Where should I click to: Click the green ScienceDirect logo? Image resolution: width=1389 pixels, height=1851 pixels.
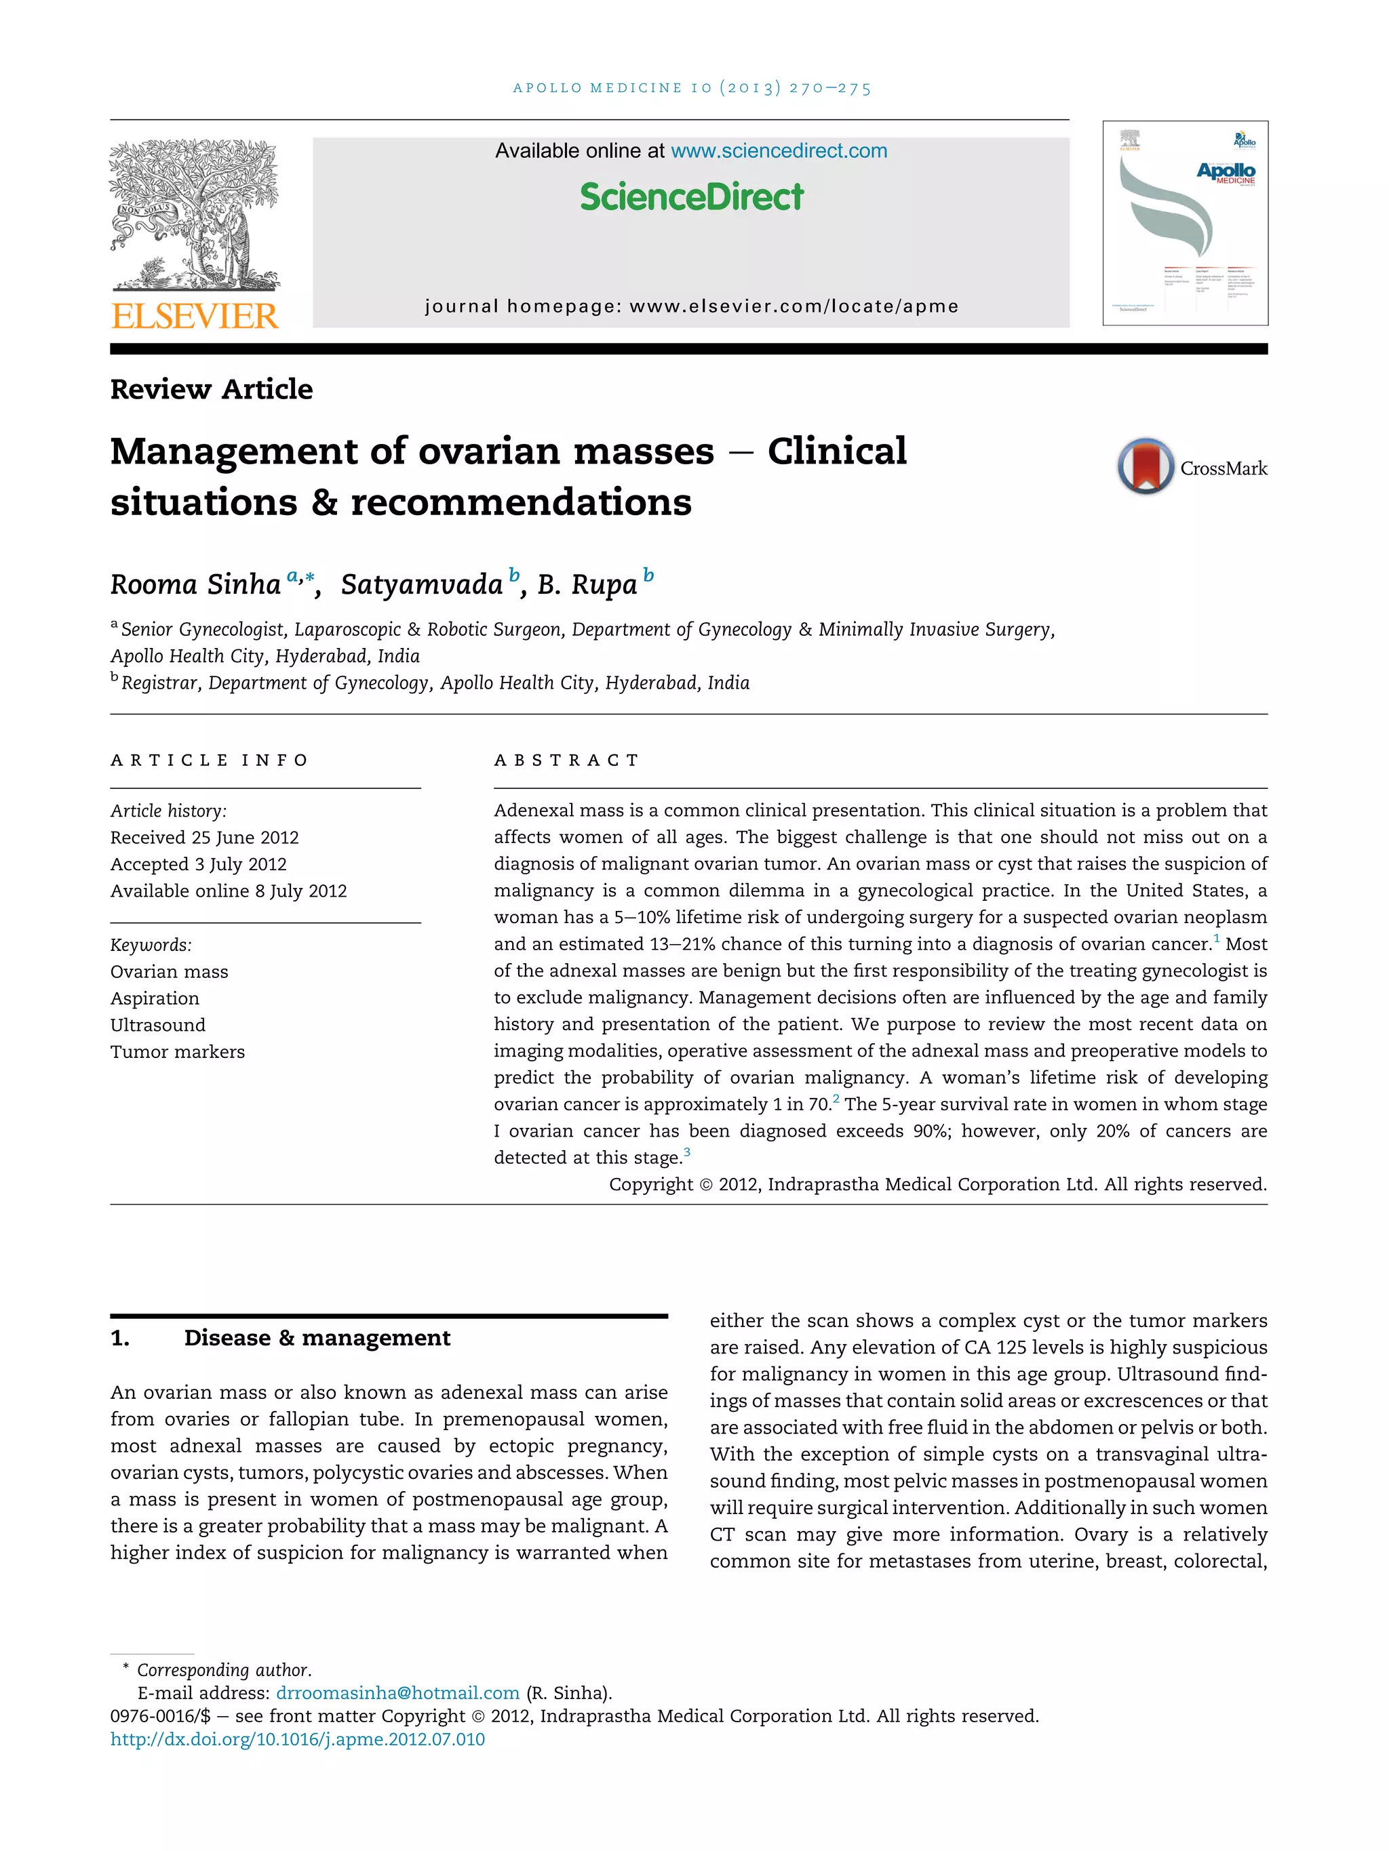692,197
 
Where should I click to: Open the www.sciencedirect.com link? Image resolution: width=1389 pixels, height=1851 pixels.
779,150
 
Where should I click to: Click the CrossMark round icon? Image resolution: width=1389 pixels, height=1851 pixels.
1145,466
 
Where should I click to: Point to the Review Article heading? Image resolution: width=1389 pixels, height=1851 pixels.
211,389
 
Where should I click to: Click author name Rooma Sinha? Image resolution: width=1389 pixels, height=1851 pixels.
195,584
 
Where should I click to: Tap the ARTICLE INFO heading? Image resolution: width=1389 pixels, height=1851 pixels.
210,760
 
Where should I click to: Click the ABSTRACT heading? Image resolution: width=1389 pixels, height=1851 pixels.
566,760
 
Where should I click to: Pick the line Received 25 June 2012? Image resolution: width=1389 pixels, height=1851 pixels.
204,838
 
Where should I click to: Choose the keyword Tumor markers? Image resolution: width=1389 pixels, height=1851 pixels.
178,1052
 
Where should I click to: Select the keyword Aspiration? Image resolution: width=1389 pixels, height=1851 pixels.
155,998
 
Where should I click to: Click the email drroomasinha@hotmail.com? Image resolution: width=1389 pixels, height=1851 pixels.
397,1693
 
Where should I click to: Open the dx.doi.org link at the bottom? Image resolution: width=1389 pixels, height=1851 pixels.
297,1740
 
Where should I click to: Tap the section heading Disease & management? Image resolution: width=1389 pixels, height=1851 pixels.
317,1338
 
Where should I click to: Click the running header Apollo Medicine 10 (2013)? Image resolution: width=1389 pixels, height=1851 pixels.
692,88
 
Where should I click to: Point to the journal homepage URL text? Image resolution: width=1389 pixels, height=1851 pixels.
692,306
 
